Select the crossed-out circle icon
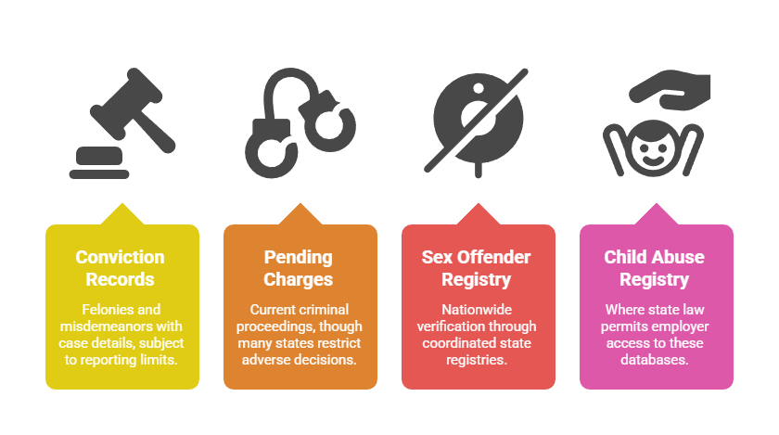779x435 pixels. click(x=477, y=122)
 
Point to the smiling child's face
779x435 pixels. click(x=653, y=148)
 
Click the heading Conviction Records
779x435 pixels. click(x=121, y=268)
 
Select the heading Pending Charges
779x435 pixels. click(x=298, y=268)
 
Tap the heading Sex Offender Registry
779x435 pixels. click(x=476, y=268)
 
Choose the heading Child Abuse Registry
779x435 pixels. click(x=654, y=268)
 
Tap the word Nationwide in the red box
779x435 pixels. click(x=477, y=309)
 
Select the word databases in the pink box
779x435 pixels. click(x=655, y=360)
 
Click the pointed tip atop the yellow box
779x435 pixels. click(x=122, y=203)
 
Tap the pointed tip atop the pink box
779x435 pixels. click(x=657, y=203)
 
